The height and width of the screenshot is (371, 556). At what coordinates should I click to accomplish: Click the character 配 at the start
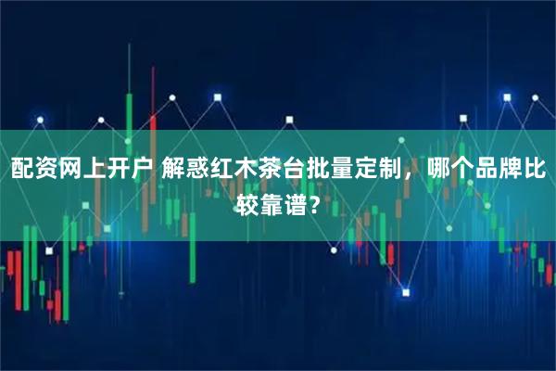click(x=22, y=169)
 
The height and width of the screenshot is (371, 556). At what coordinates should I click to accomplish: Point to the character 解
click(x=173, y=169)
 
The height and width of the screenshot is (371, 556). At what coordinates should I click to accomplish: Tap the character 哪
click(x=439, y=169)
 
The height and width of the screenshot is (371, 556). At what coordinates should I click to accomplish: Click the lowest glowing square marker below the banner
click(x=405, y=292)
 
